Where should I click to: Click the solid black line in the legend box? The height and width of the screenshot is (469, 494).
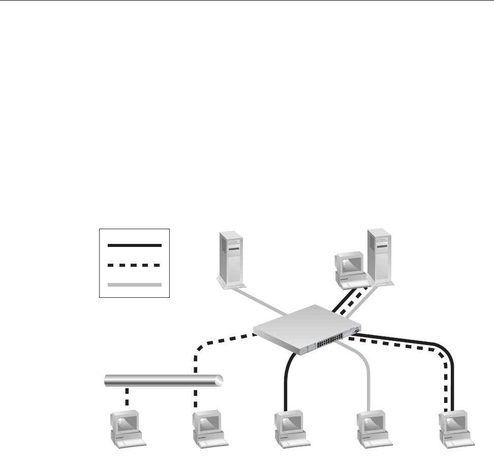coord(134,245)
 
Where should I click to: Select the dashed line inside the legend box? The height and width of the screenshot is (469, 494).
coord(134,265)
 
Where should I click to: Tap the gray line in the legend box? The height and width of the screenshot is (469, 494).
coord(134,285)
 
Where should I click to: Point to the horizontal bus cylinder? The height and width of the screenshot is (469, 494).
coord(163,381)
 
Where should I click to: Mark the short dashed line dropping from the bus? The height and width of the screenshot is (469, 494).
coord(127,397)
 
